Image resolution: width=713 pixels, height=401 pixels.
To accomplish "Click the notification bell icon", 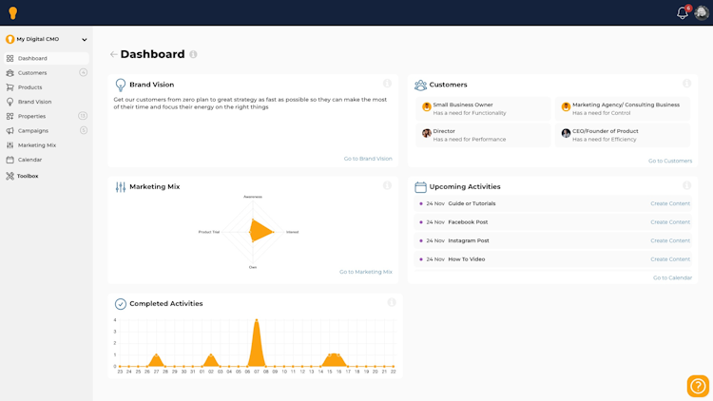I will [682, 13].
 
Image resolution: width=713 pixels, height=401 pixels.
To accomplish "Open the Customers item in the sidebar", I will [32, 73].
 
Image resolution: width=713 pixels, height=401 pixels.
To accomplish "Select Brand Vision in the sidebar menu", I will [34, 102].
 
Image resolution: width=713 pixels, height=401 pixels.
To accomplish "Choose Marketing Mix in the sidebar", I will [36, 145].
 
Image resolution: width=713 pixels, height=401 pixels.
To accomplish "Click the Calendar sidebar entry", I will [29, 160].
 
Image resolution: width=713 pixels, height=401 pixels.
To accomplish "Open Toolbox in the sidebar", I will [28, 176].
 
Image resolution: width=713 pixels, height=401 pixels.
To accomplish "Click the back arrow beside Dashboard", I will [113, 55].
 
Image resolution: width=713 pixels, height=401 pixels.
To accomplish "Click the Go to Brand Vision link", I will [368, 159].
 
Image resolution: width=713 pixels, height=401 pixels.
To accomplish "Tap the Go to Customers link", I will [670, 161].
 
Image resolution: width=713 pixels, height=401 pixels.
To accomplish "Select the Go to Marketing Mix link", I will [366, 272].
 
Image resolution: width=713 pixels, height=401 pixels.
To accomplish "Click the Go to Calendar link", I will [672, 277].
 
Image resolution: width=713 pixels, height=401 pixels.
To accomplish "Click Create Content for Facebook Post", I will [670, 222].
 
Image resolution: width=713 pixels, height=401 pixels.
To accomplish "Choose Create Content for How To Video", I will [670, 259].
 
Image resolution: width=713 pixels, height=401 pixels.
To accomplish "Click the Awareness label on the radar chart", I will [253, 197].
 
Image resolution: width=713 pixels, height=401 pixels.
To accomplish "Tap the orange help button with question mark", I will [698, 386].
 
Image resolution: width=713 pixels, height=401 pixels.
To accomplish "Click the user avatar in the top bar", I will [702, 13].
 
